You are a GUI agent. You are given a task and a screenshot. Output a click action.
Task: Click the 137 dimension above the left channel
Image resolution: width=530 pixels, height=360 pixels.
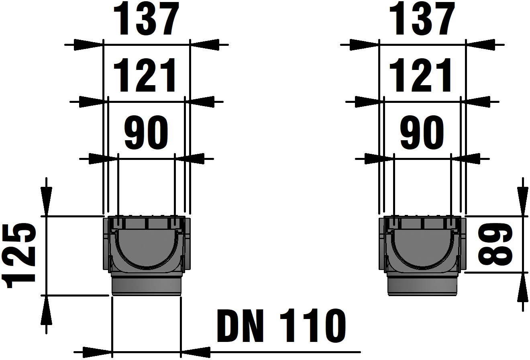(146, 20)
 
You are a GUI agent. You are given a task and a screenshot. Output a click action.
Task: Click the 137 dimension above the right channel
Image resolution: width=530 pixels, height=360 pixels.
(422, 20)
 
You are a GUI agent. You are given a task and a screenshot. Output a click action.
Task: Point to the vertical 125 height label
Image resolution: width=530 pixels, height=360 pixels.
(20, 256)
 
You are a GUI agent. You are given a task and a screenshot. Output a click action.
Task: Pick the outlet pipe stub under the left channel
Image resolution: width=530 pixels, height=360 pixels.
(146, 285)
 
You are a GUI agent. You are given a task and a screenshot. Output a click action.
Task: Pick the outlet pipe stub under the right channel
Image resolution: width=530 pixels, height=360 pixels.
(422, 285)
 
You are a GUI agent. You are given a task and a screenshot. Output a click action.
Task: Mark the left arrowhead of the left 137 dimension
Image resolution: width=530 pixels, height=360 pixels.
(88, 45)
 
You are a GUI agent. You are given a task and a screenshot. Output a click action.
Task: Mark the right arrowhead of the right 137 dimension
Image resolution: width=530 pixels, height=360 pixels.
(480, 45)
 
